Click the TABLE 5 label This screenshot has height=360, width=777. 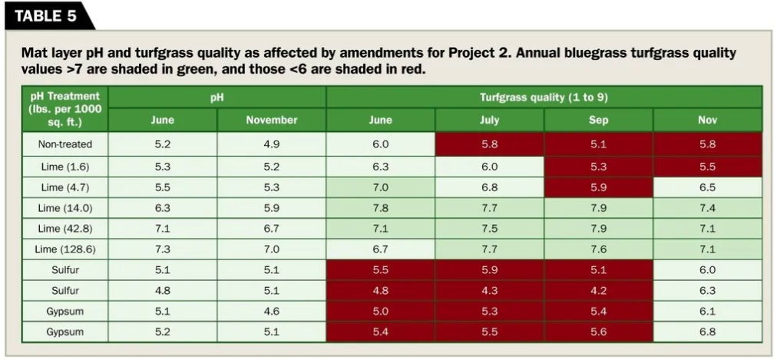tap(44, 16)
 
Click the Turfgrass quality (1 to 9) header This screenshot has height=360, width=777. tap(544, 97)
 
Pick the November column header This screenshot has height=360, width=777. tap(271, 120)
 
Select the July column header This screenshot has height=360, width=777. tap(489, 120)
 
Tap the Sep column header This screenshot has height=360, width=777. tap(598, 120)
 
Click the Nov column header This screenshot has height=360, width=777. tap(707, 120)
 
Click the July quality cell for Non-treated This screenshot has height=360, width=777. tap(489, 144)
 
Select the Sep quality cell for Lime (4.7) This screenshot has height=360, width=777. tap(598, 187)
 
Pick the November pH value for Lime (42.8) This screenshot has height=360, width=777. tap(271, 229)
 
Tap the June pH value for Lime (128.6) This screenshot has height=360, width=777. tap(162, 249)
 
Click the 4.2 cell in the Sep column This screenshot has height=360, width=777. tap(598, 291)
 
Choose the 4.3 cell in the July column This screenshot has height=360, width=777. tap(489, 291)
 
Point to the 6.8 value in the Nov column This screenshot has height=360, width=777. tap(707, 332)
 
